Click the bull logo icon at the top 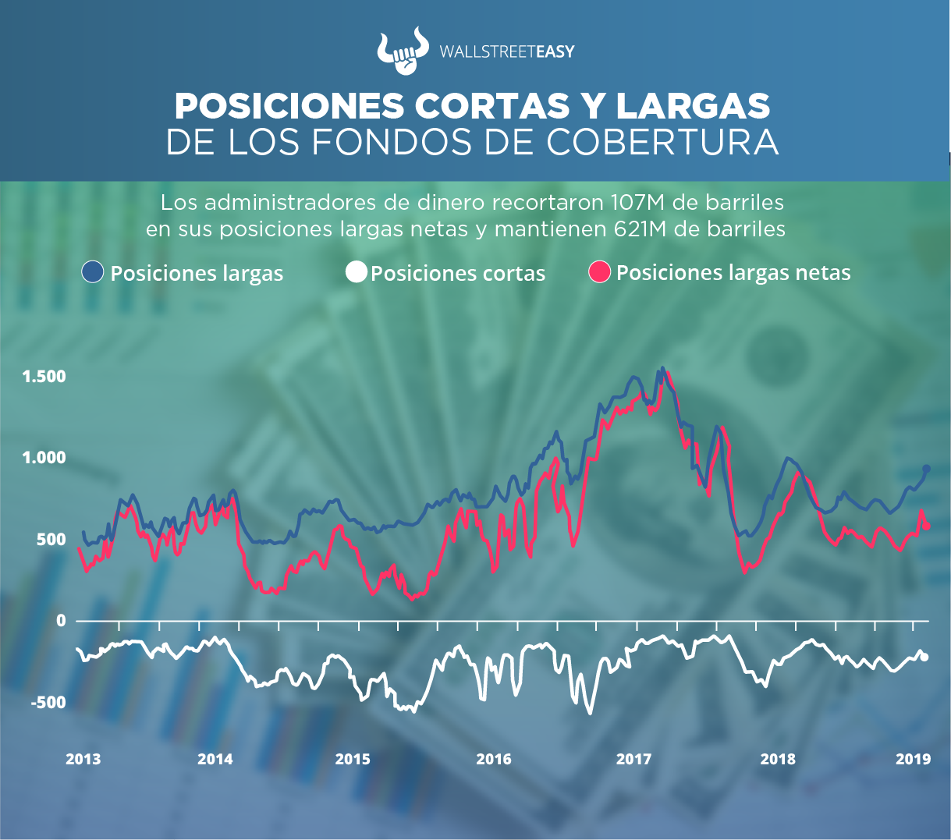tap(403, 51)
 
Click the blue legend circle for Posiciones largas tap(93, 272)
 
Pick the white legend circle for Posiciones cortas tap(357, 272)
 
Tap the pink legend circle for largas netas tap(599, 272)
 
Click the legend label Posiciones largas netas tap(733, 273)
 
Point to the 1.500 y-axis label tap(44, 377)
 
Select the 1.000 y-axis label tap(44, 458)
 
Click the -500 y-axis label tap(48, 702)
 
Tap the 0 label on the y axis tap(61, 620)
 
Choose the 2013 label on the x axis tap(83, 759)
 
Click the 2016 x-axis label tap(494, 759)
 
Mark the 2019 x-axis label tap(913, 759)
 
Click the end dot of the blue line tap(927, 469)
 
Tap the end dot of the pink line tap(927, 526)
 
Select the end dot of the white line tap(925, 657)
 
